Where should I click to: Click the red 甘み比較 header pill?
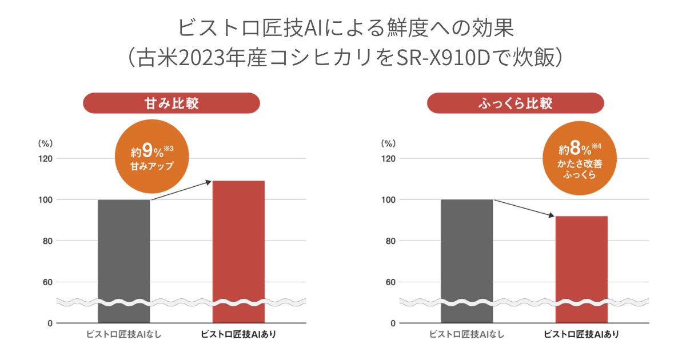[171, 103]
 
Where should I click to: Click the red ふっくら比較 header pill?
[514, 103]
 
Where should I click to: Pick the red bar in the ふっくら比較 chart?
[581, 263]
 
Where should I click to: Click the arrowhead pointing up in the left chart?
[209, 182]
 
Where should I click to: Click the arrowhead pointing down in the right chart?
[551, 215]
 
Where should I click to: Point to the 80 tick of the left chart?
[47, 241]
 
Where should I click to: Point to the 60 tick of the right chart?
[390, 282]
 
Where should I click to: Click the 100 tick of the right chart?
[389, 200]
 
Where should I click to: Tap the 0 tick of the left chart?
[50, 323]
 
